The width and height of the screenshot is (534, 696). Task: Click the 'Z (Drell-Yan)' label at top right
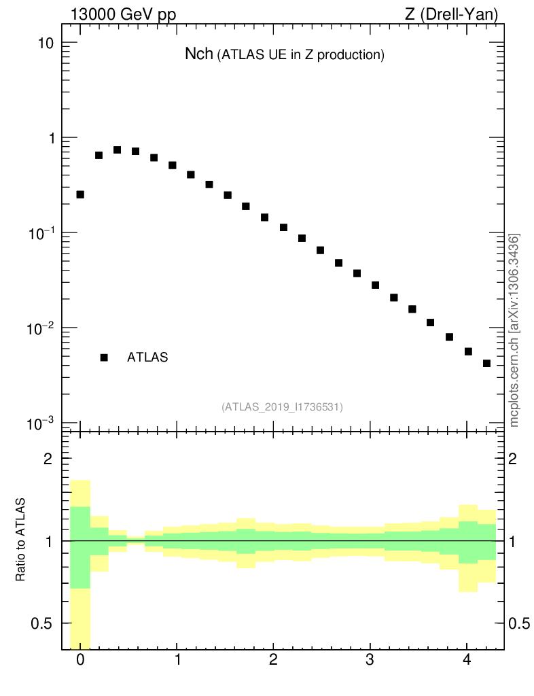pyautogui.click(x=452, y=14)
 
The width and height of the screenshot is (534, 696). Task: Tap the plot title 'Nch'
pyautogui.click(x=199, y=54)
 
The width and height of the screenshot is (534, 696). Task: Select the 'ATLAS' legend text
pyautogui.click(x=147, y=358)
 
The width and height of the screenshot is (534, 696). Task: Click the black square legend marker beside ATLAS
pyautogui.click(x=104, y=358)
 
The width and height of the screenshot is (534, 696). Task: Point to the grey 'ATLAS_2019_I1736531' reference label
pyautogui.click(x=282, y=407)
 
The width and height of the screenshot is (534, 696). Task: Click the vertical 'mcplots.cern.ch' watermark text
pyautogui.click(x=514, y=330)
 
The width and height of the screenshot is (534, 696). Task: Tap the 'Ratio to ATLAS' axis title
pyautogui.click(x=21, y=540)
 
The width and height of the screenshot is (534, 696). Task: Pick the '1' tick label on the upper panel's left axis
pyautogui.click(x=48, y=138)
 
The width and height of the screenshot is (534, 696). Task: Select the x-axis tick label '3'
pyautogui.click(x=370, y=660)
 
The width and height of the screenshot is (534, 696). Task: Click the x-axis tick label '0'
pyautogui.click(x=80, y=660)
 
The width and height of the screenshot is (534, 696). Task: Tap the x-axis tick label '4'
pyautogui.click(x=466, y=660)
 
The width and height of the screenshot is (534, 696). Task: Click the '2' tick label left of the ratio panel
pyautogui.click(x=48, y=459)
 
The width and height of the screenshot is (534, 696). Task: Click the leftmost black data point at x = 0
pyautogui.click(x=80, y=194)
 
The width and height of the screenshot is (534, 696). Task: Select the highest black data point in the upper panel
pyautogui.click(x=117, y=150)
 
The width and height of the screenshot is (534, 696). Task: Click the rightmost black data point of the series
pyautogui.click(x=486, y=364)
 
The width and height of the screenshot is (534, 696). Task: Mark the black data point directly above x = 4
pyautogui.click(x=468, y=351)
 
